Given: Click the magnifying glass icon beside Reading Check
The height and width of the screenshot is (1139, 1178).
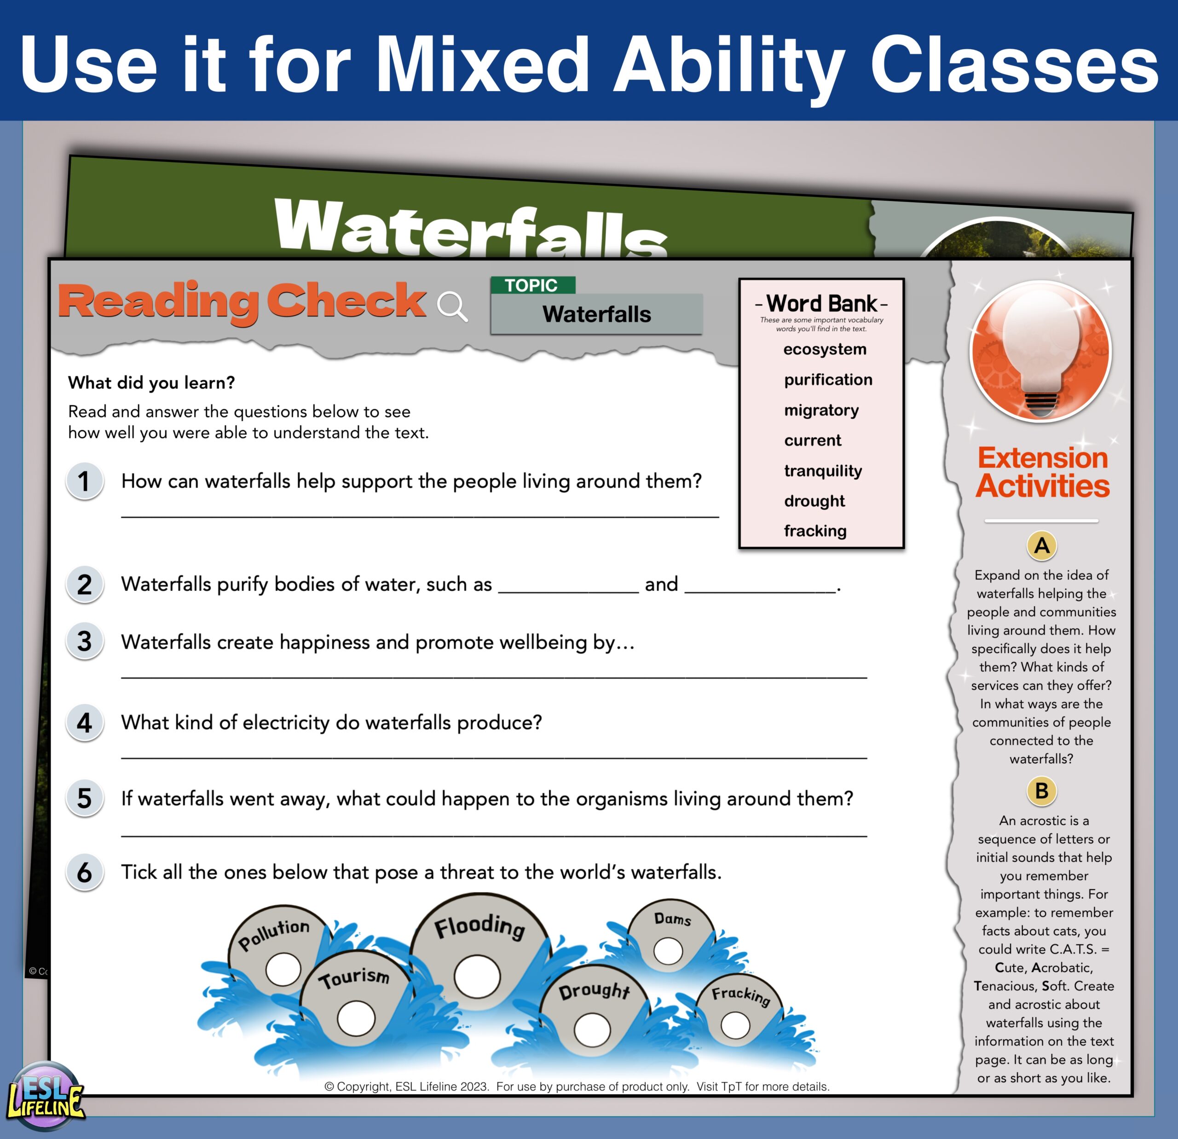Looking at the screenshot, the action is [x=452, y=306].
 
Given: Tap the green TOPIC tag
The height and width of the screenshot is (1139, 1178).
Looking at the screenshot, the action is [x=532, y=285].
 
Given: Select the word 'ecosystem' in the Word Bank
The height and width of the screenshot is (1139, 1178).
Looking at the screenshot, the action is [x=825, y=349].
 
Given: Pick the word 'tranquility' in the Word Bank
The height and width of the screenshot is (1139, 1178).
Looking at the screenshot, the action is [x=823, y=471].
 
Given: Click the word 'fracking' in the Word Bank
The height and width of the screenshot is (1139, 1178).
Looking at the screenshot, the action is [x=815, y=531].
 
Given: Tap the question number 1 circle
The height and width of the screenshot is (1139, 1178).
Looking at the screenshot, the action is [x=84, y=481].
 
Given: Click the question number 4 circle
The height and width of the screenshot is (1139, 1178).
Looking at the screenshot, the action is [x=84, y=722].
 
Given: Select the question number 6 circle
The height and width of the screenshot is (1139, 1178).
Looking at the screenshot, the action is [x=84, y=872].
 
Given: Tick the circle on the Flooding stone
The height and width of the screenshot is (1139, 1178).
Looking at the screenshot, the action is [x=477, y=977].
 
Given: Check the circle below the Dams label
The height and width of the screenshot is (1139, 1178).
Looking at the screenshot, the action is [x=668, y=951].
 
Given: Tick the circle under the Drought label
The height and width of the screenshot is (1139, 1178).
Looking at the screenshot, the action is [x=592, y=1029].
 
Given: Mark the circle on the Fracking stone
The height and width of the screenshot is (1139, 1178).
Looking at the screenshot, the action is [x=735, y=1025].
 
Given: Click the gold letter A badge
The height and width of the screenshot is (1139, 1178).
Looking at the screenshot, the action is [x=1042, y=545].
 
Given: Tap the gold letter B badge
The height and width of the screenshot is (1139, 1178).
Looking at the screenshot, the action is [x=1042, y=791].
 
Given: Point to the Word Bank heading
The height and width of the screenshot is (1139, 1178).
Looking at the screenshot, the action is [x=821, y=304].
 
